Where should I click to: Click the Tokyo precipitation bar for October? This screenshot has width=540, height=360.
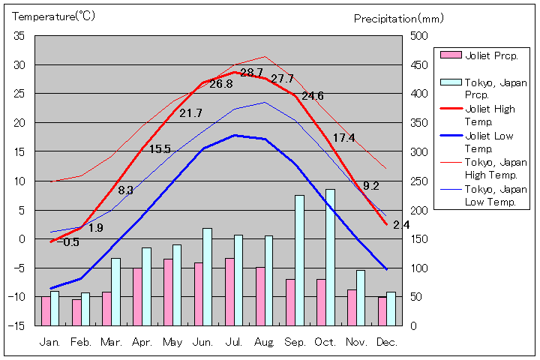(330, 257)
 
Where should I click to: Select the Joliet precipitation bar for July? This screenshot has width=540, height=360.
(230, 292)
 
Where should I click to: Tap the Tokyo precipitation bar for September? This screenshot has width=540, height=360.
(299, 260)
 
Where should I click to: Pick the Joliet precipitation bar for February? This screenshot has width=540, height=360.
(76, 312)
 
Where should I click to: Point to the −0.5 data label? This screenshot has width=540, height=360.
(67, 241)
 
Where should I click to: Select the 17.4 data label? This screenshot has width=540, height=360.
(343, 137)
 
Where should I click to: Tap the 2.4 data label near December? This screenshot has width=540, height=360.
(401, 224)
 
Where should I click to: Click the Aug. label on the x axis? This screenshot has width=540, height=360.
(264, 342)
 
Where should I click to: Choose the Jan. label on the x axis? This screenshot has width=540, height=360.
(49, 342)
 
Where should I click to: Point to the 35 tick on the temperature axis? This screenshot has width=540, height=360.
(19, 36)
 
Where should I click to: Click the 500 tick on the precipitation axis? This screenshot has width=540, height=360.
(418, 36)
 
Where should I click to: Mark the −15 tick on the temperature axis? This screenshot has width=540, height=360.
(16, 325)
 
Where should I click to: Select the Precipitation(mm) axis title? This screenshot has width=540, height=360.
(399, 18)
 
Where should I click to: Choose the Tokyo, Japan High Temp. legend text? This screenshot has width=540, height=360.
(495, 169)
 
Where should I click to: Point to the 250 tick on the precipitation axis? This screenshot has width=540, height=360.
(418, 181)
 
